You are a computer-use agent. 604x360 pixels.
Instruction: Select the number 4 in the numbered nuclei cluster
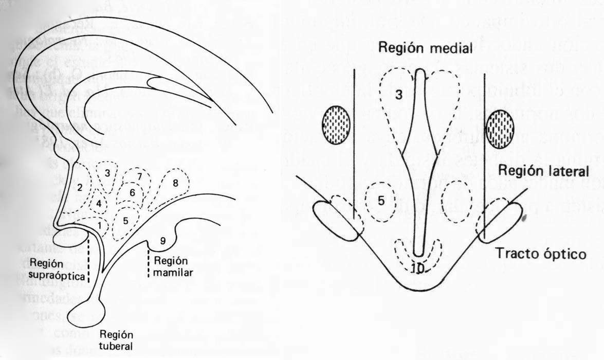click(x=98, y=204)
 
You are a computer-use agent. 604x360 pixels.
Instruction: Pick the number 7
click(x=139, y=176)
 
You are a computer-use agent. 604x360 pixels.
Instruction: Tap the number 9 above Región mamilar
click(x=162, y=240)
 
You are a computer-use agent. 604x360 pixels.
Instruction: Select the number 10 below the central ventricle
click(x=417, y=268)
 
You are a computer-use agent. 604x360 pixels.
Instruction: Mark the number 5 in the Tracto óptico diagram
click(x=381, y=201)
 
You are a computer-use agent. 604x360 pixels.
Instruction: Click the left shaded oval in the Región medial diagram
click(x=336, y=124)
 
